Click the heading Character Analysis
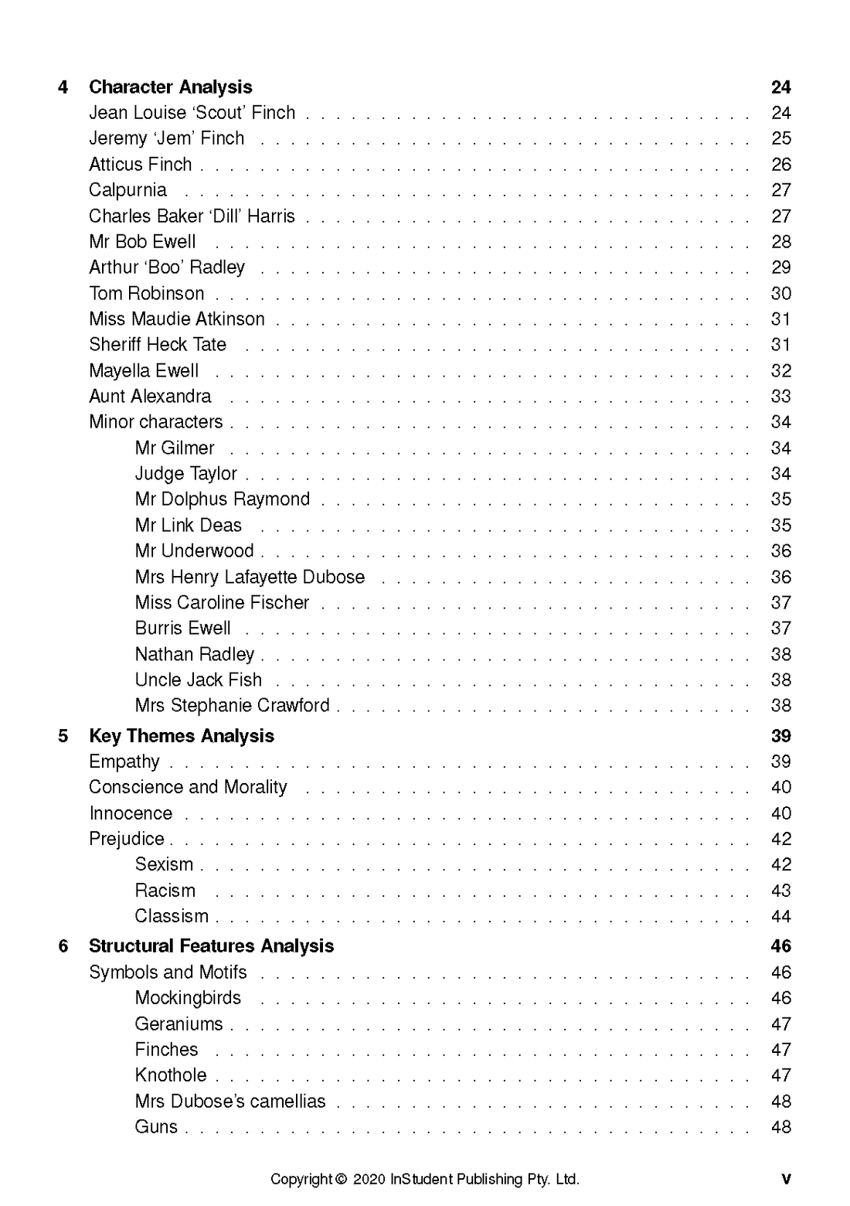pyautogui.click(x=170, y=87)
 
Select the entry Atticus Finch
pyautogui.click(x=140, y=165)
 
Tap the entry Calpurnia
pyautogui.click(x=127, y=190)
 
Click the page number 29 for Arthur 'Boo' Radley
pyautogui.click(x=780, y=267)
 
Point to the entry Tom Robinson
pyautogui.click(x=146, y=294)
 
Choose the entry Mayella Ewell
pyautogui.click(x=144, y=371)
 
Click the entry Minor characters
pyautogui.click(x=155, y=422)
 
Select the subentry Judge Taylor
pyautogui.click(x=185, y=474)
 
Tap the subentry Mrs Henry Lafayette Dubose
pyautogui.click(x=250, y=577)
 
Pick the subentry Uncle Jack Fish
pyautogui.click(x=198, y=680)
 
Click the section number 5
pyautogui.click(x=63, y=736)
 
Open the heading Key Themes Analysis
pyautogui.click(x=182, y=736)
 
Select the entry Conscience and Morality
pyautogui.click(x=188, y=788)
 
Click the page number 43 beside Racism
pyautogui.click(x=780, y=891)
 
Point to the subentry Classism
pyautogui.click(x=172, y=917)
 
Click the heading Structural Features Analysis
pyautogui.click(x=211, y=946)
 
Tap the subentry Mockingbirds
pyautogui.click(x=188, y=998)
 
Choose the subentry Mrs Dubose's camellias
pyautogui.click(x=229, y=1102)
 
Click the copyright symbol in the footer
pyautogui.click(x=341, y=1180)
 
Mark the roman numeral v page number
pyautogui.click(x=786, y=1180)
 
